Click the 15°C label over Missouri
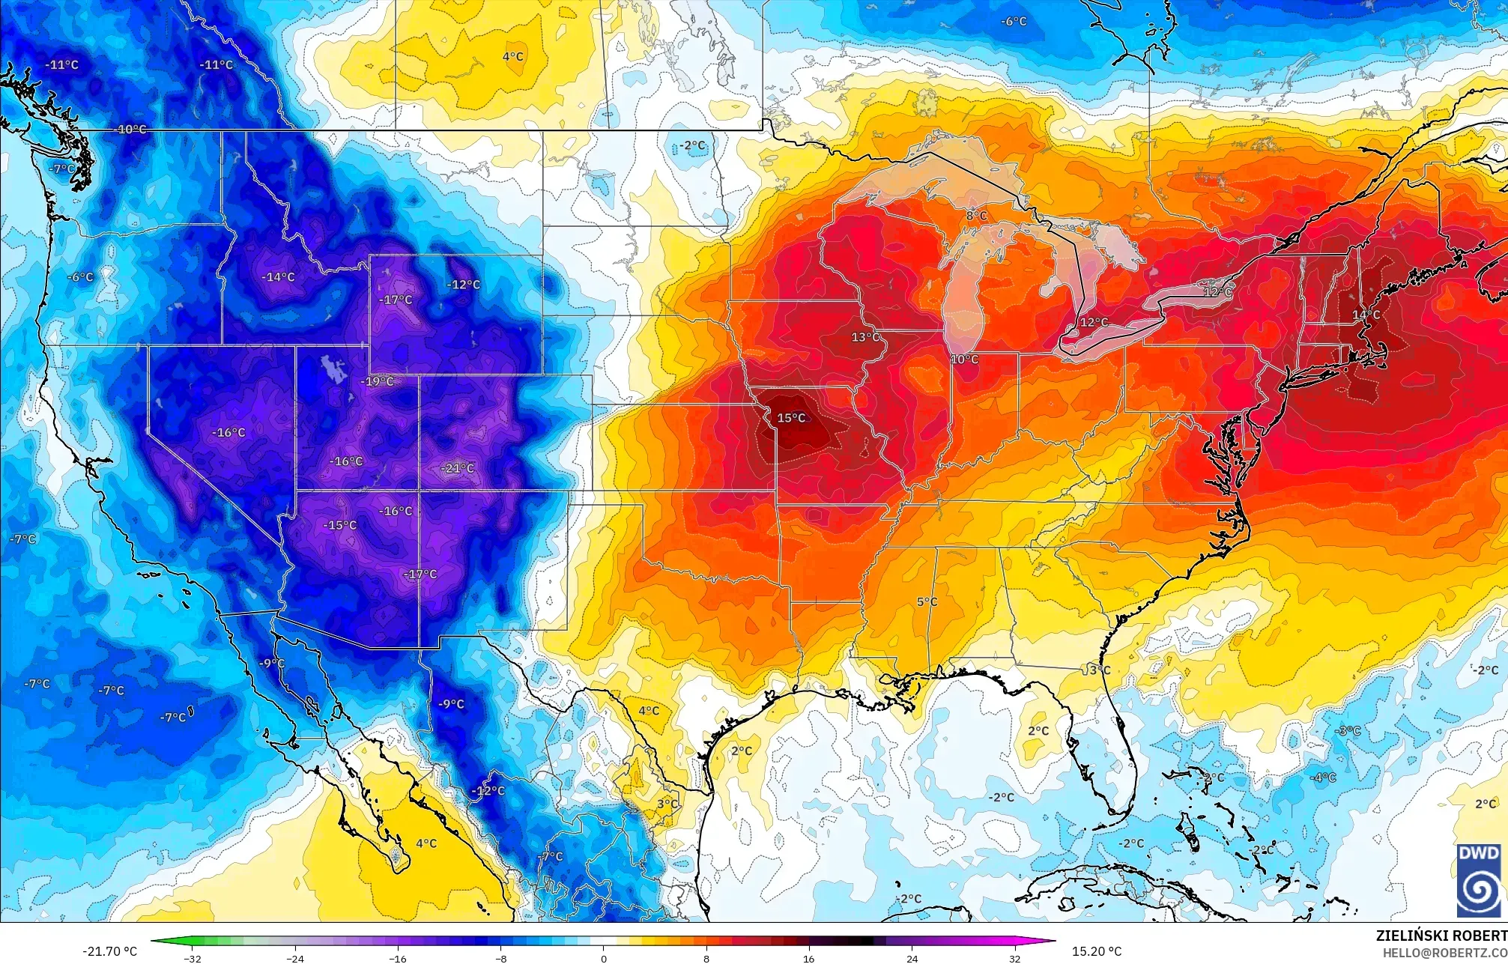point(791,418)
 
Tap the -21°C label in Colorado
point(457,468)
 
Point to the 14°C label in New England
point(1366,315)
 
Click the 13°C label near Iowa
point(865,337)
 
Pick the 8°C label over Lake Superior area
point(976,216)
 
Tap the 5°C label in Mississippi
point(927,601)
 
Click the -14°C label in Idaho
point(278,277)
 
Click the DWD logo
point(1479,879)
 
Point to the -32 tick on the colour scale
point(193,958)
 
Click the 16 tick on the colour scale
point(809,958)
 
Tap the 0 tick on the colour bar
point(604,958)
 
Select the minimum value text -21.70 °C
point(110,951)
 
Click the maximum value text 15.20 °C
point(1097,951)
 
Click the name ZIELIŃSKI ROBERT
point(1441,936)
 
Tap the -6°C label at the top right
point(1014,21)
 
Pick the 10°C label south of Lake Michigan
point(964,360)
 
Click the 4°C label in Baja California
point(426,843)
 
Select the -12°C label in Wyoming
point(463,285)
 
